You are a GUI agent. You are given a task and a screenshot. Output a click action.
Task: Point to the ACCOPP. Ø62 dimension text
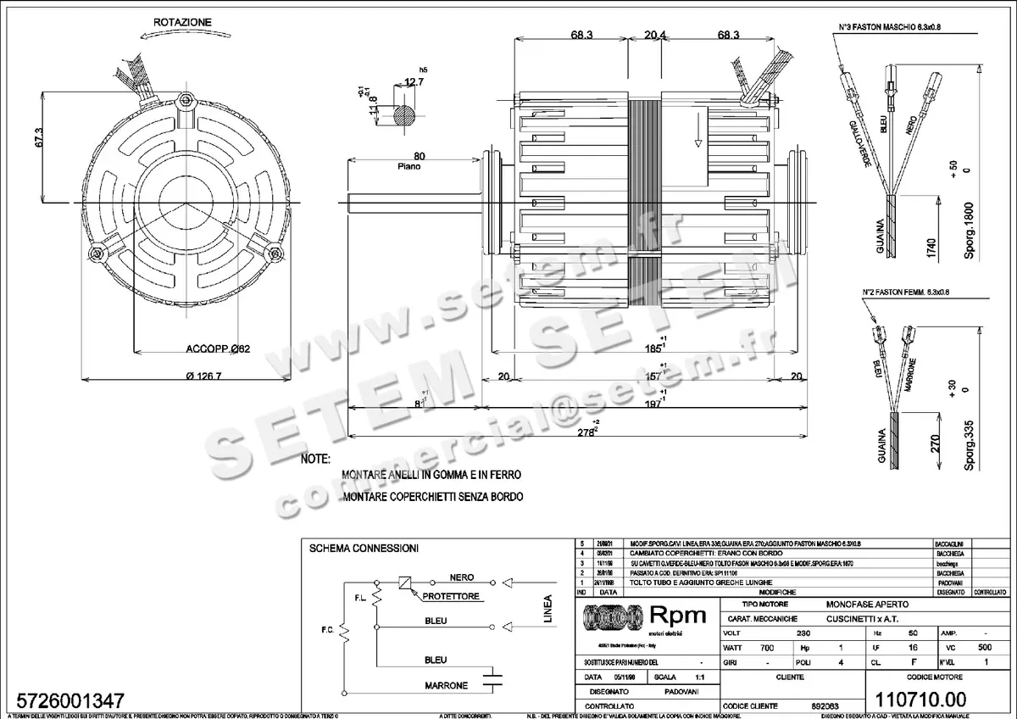217,348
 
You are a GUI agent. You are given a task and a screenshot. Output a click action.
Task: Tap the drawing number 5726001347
65,701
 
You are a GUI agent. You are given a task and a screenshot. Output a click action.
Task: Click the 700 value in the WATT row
768,647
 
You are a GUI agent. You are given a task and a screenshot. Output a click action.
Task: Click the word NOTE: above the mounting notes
314,459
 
